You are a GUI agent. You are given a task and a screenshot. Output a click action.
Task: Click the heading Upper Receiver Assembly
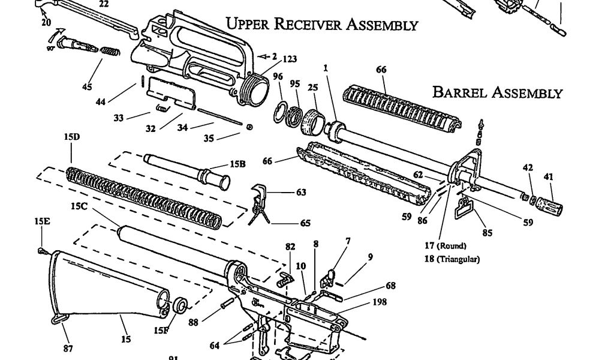321,25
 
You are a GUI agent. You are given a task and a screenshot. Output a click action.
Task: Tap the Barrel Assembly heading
498,92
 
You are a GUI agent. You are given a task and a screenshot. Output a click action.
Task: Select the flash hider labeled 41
550,205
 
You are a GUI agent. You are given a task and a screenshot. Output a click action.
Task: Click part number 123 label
290,59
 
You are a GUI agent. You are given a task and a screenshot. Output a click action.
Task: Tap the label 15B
238,164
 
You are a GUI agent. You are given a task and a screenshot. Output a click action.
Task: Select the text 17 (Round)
446,246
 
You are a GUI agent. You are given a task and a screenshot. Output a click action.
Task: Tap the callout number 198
379,302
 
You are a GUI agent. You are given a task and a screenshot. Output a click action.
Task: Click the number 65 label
305,223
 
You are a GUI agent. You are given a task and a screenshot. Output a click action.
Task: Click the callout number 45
88,87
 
